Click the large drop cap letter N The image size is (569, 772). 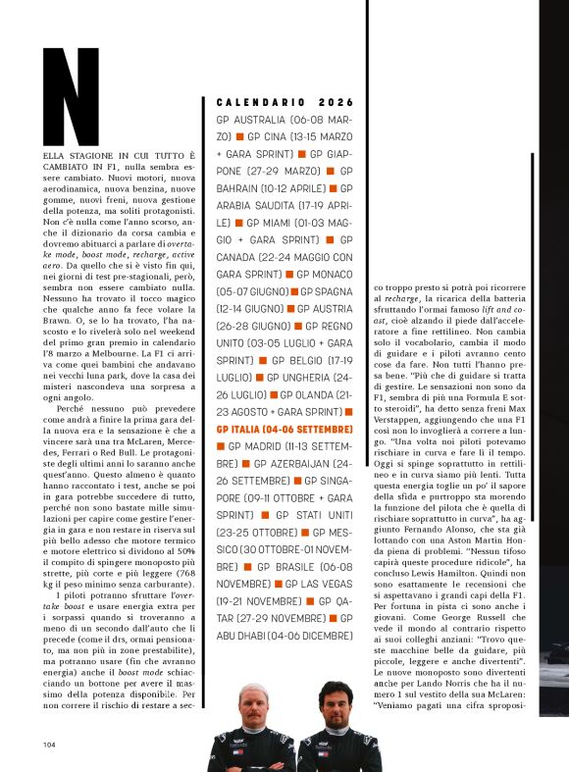point(72,96)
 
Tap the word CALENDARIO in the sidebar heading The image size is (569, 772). point(260,102)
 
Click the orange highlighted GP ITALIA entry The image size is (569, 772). point(284,429)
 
